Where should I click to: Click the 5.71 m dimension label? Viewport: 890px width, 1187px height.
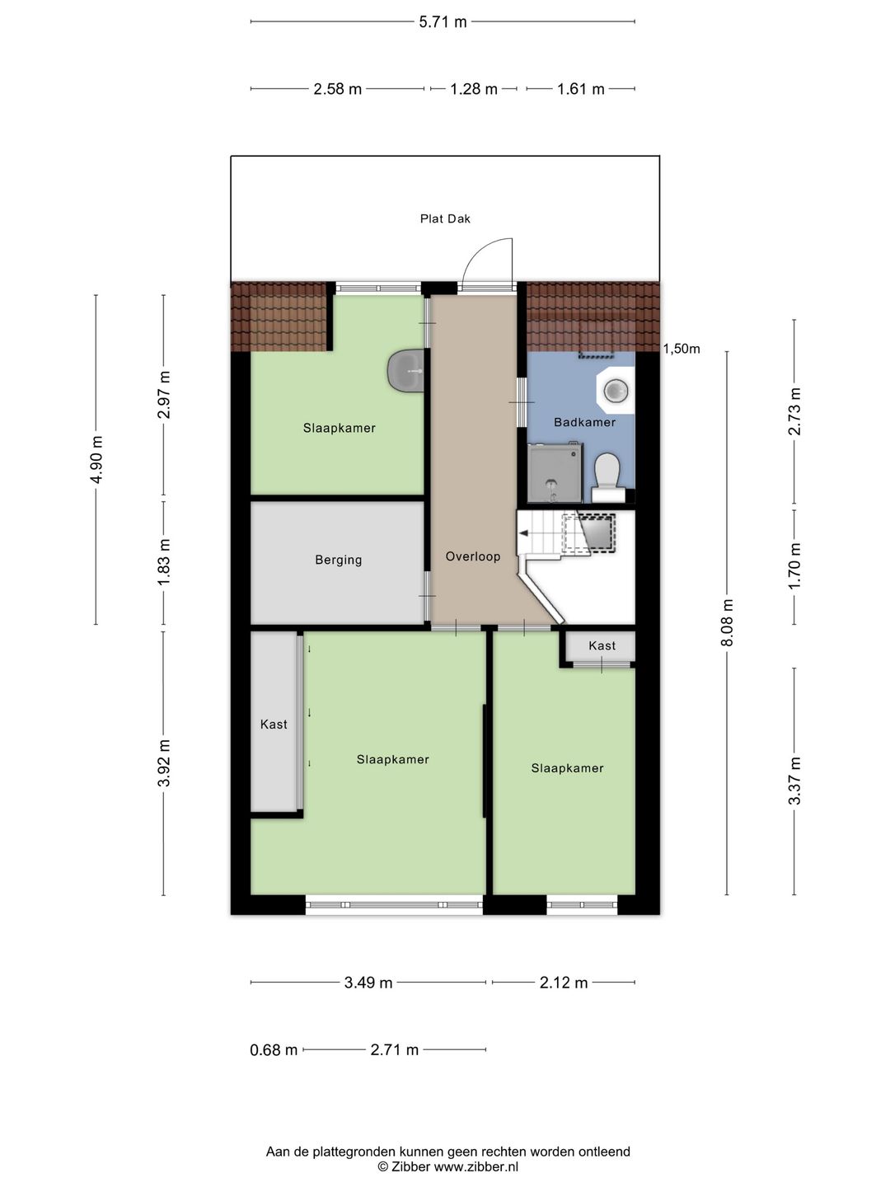443,22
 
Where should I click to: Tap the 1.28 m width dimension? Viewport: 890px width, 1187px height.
474,89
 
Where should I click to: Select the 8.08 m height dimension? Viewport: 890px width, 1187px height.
728,622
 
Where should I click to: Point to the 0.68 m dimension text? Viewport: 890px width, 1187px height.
274,1049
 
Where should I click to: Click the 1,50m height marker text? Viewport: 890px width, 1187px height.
682,349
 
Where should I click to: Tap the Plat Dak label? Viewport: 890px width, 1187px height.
445,218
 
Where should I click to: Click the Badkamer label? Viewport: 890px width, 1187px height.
585,422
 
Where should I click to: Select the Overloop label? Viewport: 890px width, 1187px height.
473,556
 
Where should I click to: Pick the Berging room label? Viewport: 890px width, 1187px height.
338,560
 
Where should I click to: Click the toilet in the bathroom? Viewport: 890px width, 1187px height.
607,476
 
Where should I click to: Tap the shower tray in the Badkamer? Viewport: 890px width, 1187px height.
555,472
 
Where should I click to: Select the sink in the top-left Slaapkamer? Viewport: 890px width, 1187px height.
405,370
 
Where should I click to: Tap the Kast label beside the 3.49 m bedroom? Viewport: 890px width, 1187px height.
274,724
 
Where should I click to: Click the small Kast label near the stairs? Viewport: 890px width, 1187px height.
602,645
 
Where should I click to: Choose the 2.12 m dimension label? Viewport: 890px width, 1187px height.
563,982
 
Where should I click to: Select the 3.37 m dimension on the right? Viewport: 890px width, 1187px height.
794,781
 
